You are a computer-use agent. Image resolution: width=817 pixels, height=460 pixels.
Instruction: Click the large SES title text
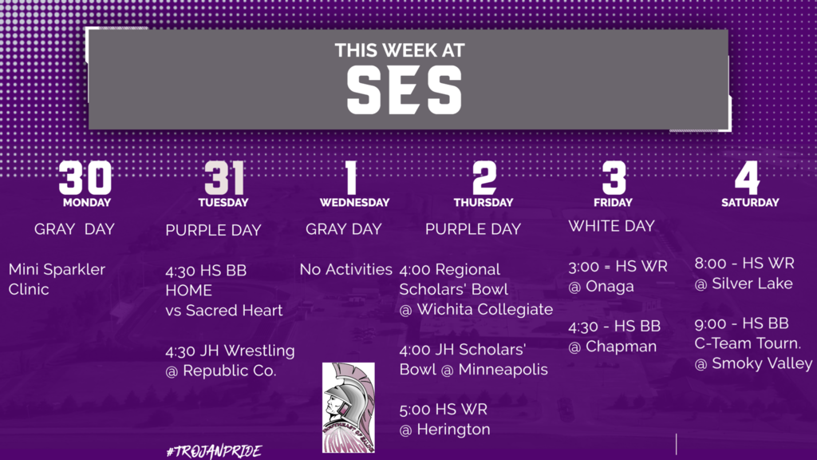pos(405,89)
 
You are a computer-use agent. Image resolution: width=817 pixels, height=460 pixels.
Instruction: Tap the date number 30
pos(85,177)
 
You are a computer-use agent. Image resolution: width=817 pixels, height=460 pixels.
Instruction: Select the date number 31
pos(224,177)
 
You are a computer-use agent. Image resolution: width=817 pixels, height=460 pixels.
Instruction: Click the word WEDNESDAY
pos(354,202)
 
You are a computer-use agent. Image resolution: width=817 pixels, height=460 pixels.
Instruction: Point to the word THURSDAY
pos(483,202)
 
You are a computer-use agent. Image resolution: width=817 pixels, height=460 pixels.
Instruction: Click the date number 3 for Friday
pos(614,177)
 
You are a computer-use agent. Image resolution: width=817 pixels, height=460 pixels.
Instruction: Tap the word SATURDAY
pos(750,202)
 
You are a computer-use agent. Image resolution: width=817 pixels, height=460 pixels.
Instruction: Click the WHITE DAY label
pos(611,226)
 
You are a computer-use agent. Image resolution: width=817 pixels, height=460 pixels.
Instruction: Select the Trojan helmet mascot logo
pos(348,407)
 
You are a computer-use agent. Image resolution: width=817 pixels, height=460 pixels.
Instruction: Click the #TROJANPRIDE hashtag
pos(214,451)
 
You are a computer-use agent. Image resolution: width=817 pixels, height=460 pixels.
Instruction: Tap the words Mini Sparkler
pos(57,269)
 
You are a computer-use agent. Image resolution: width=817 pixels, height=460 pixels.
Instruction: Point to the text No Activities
pos(346,269)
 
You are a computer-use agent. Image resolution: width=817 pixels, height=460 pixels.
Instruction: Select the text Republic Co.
pos(229,371)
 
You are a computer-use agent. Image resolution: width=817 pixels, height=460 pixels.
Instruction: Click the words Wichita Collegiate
pos(484,309)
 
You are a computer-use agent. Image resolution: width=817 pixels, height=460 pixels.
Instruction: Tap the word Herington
pos(453,429)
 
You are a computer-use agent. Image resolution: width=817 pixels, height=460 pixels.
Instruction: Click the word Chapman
pos(621,347)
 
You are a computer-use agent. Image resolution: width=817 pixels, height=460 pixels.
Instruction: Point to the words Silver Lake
pos(752,284)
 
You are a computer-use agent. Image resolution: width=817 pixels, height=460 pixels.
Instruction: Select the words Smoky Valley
pos(762,363)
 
